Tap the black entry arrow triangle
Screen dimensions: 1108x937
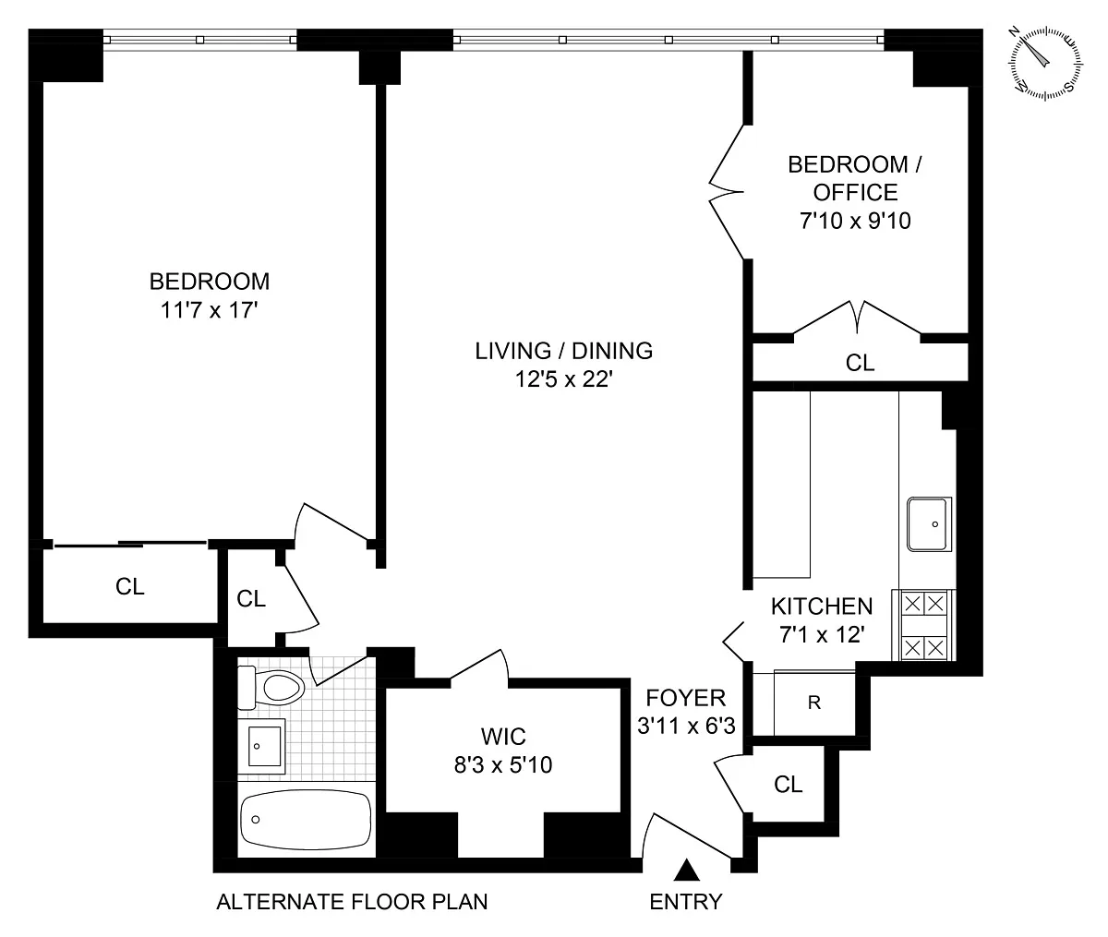point(687,870)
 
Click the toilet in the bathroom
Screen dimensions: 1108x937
point(271,688)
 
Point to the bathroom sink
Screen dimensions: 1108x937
point(261,746)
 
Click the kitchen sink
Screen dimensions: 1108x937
point(930,524)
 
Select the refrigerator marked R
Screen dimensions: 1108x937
point(814,703)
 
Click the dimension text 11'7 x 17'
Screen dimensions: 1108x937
point(210,310)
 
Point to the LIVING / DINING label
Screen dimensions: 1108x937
point(564,351)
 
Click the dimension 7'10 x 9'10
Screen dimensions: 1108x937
point(855,221)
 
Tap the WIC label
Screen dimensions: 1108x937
point(503,737)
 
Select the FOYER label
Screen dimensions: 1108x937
point(686,698)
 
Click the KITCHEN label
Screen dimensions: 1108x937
point(822,607)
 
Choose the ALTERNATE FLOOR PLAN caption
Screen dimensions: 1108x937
point(352,902)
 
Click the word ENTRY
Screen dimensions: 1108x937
point(686,902)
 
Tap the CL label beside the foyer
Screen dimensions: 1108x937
point(788,785)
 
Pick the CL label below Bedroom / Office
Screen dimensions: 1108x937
point(860,363)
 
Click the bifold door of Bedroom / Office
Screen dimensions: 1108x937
point(728,192)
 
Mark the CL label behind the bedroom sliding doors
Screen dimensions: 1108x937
point(129,586)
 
